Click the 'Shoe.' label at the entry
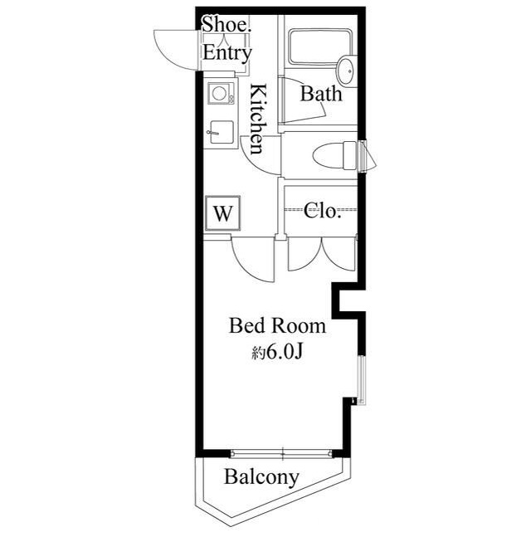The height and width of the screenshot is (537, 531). [x=226, y=25]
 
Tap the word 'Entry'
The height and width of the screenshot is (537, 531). [x=227, y=53]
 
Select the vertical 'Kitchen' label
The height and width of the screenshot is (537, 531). [x=258, y=119]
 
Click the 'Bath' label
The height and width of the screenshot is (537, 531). [x=320, y=94]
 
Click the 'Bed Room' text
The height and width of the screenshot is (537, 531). [x=277, y=326]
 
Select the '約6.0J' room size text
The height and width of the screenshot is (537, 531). [x=275, y=353]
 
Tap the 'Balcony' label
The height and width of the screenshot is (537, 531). [x=261, y=477]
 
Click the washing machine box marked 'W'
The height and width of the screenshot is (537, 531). [x=222, y=212]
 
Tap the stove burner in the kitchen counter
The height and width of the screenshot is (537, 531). [x=221, y=94]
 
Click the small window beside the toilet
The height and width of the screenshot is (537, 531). [x=364, y=154]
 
